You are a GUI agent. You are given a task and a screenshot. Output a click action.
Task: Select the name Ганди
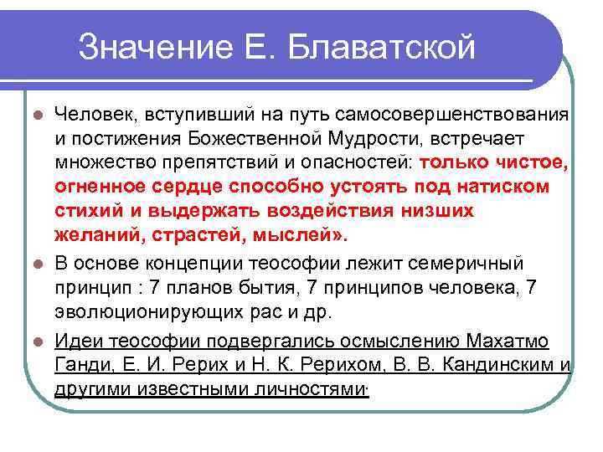78,365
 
